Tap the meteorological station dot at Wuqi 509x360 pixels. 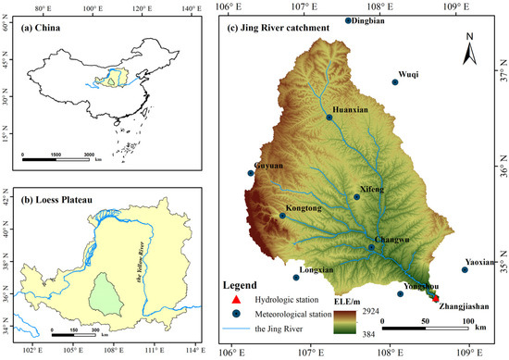click(395, 82)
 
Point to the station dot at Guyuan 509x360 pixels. click(251, 173)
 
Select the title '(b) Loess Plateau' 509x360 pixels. click(64, 195)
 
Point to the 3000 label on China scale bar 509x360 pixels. click(89, 155)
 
